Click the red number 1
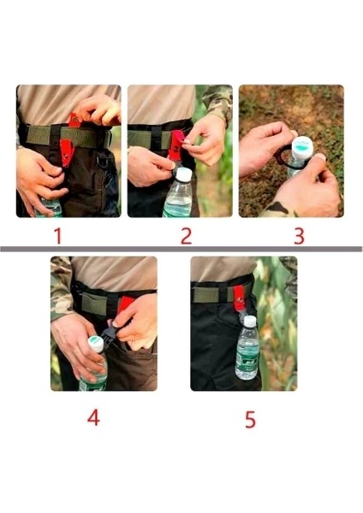(59, 235)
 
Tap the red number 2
(187, 235)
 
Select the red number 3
(297, 235)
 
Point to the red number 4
(93, 418)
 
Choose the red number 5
(249, 419)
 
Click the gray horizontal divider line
(181, 249)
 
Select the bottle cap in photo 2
(182, 174)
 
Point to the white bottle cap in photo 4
(96, 343)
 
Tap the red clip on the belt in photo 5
(240, 298)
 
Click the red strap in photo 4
(125, 305)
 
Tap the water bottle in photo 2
(179, 195)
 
